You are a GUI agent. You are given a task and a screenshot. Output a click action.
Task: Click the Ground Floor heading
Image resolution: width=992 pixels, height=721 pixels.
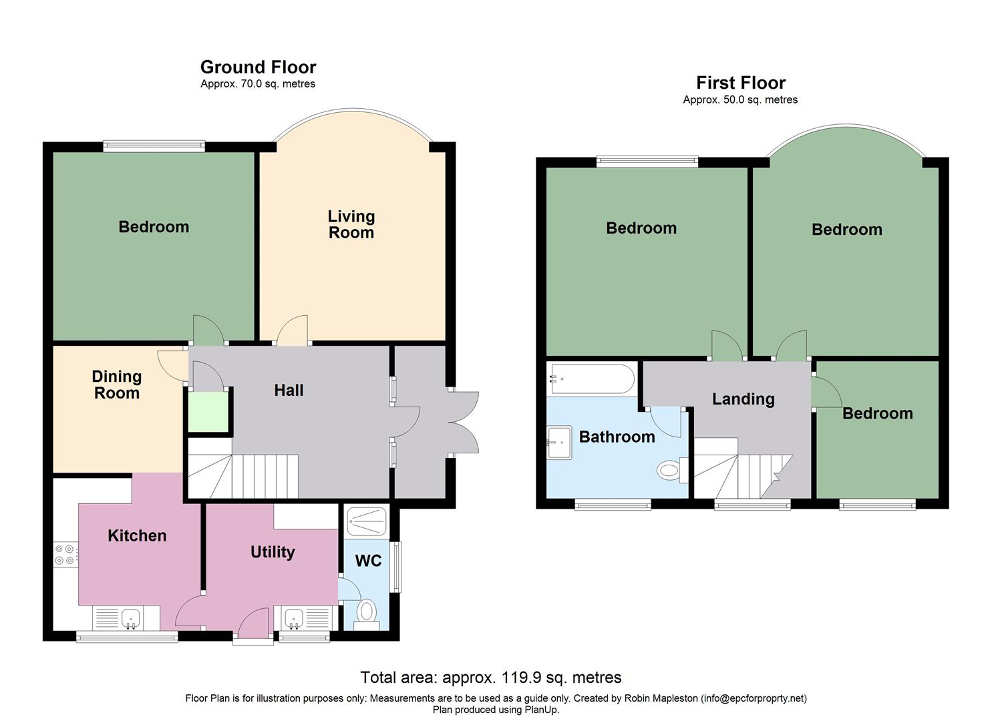[258, 67]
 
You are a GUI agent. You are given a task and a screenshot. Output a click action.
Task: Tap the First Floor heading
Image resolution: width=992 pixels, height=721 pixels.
[741, 83]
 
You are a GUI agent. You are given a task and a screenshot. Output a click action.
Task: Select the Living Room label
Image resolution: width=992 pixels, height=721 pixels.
[351, 224]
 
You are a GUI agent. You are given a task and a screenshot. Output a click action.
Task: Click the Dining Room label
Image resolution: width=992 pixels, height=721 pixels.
[117, 385]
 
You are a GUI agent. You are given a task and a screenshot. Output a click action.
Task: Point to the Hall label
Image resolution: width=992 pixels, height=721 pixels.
[289, 391]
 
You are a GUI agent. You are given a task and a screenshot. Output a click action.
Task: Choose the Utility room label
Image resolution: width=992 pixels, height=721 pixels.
[273, 552]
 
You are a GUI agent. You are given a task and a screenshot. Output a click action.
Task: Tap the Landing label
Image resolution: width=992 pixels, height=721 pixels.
[743, 399]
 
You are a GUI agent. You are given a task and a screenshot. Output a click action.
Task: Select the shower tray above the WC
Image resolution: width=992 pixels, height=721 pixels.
[367, 522]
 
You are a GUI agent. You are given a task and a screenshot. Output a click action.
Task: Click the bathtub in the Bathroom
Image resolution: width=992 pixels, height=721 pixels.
[591, 379]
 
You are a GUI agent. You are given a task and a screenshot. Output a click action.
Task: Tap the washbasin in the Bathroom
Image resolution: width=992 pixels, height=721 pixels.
[559, 442]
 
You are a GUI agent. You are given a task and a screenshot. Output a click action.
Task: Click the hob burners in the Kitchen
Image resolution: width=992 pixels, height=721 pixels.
[65, 555]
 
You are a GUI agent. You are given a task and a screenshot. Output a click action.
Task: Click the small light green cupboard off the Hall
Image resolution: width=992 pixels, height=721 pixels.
[208, 412]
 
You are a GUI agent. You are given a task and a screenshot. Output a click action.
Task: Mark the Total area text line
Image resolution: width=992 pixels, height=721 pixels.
[491, 677]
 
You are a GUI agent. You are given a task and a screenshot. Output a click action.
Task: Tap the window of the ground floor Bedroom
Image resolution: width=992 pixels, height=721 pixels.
[154, 146]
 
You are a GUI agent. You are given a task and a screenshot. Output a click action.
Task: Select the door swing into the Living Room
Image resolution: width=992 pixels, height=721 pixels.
[292, 330]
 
